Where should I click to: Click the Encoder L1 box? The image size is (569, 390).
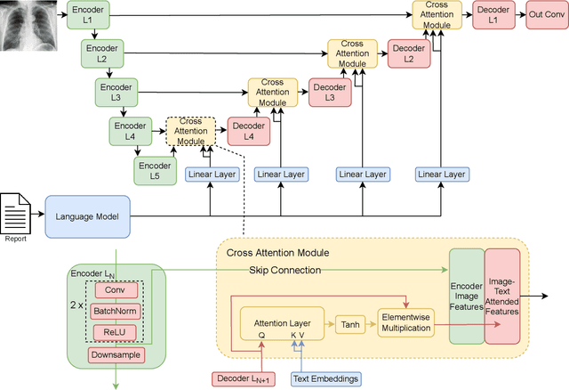(88, 15)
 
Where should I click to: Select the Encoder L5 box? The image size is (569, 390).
(155, 171)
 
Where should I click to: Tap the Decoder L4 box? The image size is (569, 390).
(249, 131)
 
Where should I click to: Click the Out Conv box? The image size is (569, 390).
(547, 14)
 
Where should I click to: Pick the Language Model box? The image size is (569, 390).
(87, 216)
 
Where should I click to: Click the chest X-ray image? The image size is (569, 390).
(28, 26)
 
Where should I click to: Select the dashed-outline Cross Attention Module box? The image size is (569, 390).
(191, 131)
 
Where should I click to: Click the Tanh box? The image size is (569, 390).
(350, 325)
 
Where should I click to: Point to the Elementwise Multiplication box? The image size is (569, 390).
(406, 322)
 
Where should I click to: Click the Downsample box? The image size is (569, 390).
(116, 355)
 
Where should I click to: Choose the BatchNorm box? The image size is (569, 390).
(115, 312)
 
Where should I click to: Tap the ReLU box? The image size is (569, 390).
(115, 332)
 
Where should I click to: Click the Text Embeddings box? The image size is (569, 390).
(326, 378)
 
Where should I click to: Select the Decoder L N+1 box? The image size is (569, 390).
(244, 378)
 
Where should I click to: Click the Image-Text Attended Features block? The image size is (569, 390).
(502, 297)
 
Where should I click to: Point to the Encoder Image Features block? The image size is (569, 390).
(467, 297)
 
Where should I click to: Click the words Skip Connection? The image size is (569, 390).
(284, 270)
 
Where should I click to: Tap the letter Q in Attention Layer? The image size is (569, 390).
(261, 335)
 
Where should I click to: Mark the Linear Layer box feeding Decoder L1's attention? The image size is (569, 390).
(442, 175)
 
